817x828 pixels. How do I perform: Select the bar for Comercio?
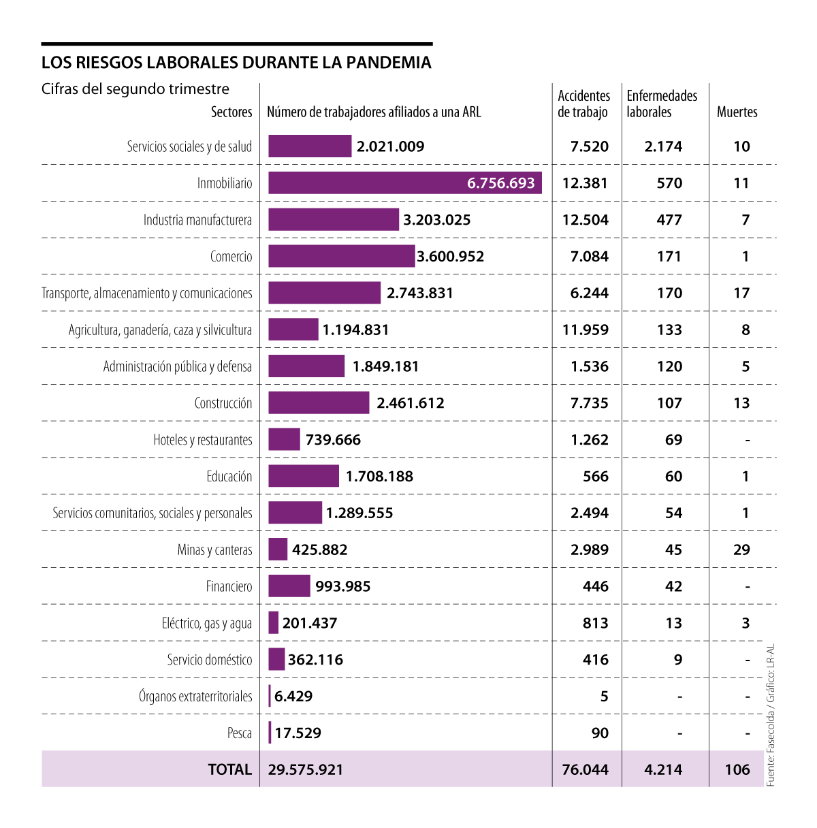pos(341,256)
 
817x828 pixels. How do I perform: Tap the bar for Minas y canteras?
pos(278,550)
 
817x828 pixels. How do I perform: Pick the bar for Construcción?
pos(319,402)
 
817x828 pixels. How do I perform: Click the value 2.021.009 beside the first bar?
pos(390,146)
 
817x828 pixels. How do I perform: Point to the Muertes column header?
pos(737,112)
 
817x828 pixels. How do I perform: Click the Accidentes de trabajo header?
pos(583,103)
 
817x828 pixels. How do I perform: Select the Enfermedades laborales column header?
pos(662,103)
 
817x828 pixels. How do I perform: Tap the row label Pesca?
pos(240,733)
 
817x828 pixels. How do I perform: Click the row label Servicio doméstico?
pos(210,660)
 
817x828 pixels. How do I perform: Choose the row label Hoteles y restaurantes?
pos(203,440)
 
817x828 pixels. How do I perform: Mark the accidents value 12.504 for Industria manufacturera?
pos(585,220)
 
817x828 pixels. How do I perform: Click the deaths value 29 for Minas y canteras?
pos(741,550)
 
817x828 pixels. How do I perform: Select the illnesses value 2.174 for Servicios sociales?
pos(663,146)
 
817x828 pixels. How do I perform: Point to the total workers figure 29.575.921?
pos(306,769)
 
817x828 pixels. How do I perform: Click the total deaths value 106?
pos(737,769)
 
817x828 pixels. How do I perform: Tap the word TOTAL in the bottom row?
pos(230,769)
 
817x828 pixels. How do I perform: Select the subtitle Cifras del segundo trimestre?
pos(135,89)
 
